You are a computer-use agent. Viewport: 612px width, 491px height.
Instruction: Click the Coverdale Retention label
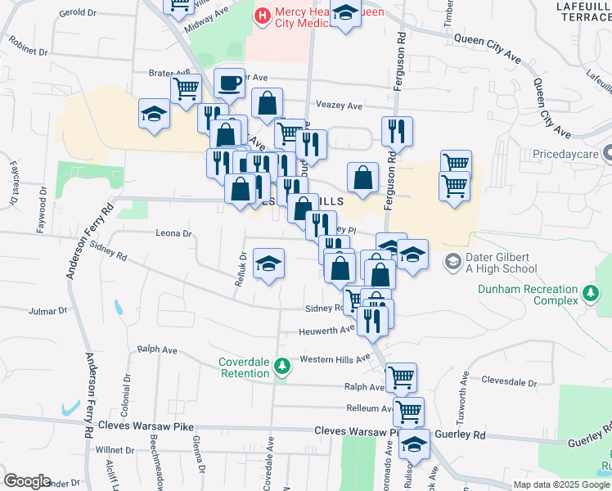[x=244, y=368]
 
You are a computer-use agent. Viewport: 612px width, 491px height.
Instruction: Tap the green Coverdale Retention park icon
[x=282, y=365]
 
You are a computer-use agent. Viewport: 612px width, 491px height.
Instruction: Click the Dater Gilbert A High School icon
[x=452, y=262]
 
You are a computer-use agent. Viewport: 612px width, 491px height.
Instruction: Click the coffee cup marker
[x=229, y=83]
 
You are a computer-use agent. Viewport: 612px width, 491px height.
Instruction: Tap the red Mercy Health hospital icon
[x=263, y=15]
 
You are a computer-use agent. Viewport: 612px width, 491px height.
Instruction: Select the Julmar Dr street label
[x=47, y=311]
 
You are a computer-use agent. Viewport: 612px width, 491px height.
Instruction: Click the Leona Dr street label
[x=173, y=233]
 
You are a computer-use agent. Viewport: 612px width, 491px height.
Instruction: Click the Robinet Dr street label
[x=29, y=50]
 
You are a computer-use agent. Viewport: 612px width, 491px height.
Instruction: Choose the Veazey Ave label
[x=339, y=106]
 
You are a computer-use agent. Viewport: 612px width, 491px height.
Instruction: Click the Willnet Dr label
[x=114, y=449]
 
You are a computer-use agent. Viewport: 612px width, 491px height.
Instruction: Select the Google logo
[x=27, y=481]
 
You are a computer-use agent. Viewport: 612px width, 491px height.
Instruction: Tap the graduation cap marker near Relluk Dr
[x=268, y=264]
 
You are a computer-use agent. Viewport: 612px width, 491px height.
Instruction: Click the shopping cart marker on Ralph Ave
[x=401, y=377]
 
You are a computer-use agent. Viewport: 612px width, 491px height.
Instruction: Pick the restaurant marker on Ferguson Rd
[x=397, y=130]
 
